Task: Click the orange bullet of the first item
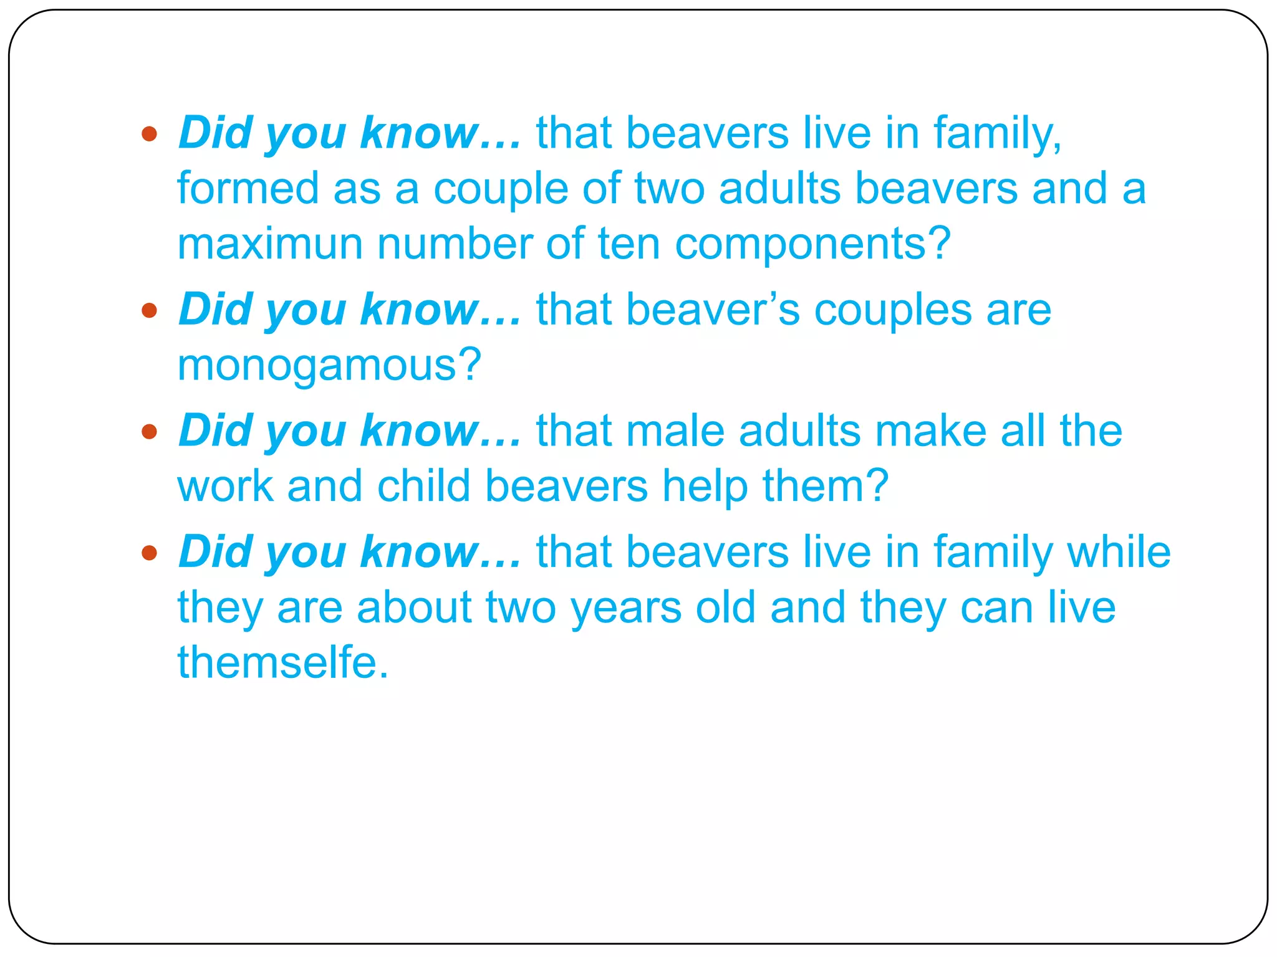pos(149,133)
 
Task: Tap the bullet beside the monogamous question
pos(149,310)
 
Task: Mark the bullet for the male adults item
pos(149,431)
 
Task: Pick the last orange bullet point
pos(149,552)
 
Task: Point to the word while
pos(1119,552)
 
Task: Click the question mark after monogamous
pos(470,366)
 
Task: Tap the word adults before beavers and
pos(779,188)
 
